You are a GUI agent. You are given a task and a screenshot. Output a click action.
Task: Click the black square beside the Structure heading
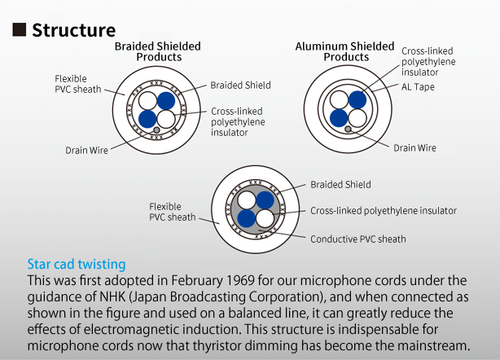pyautogui.click(x=19, y=29)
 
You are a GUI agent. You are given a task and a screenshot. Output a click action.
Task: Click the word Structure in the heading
pyautogui.click(x=73, y=30)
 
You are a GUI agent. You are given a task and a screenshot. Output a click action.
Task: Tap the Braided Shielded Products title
pyautogui.click(x=158, y=51)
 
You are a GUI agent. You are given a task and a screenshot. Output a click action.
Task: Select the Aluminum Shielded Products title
pyautogui.click(x=345, y=51)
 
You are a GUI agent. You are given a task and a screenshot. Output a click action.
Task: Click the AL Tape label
pyautogui.click(x=418, y=87)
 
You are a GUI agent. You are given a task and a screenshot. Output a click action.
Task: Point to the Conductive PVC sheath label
pyautogui.click(x=358, y=239)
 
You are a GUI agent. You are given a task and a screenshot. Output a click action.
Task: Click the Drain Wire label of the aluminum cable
pyautogui.click(x=414, y=148)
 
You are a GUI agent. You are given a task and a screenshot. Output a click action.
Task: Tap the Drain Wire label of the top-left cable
pyautogui.click(x=87, y=150)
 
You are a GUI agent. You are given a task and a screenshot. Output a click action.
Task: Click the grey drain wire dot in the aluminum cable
pyautogui.click(x=348, y=130)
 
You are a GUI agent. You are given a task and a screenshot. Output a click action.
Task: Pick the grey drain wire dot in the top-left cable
pyautogui.click(x=156, y=130)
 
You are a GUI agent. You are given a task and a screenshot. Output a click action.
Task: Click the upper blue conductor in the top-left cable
pyautogui.click(x=166, y=101)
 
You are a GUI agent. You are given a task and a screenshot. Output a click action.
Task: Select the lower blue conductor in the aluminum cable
pyautogui.click(x=339, y=118)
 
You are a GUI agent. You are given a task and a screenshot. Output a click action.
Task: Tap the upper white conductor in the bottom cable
pyautogui.click(x=247, y=200)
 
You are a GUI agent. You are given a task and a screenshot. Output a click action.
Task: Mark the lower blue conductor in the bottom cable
pyautogui.click(x=247, y=219)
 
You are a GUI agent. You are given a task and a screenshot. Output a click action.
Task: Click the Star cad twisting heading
pyautogui.click(x=77, y=265)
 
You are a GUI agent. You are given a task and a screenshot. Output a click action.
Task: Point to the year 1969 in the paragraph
pyautogui.click(x=240, y=281)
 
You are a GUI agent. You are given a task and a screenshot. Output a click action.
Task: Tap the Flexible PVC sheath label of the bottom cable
pyautogui.click(x=173, y=212)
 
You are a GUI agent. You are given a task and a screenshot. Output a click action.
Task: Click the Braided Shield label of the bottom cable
pyautogui.click(x=340, y=185)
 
